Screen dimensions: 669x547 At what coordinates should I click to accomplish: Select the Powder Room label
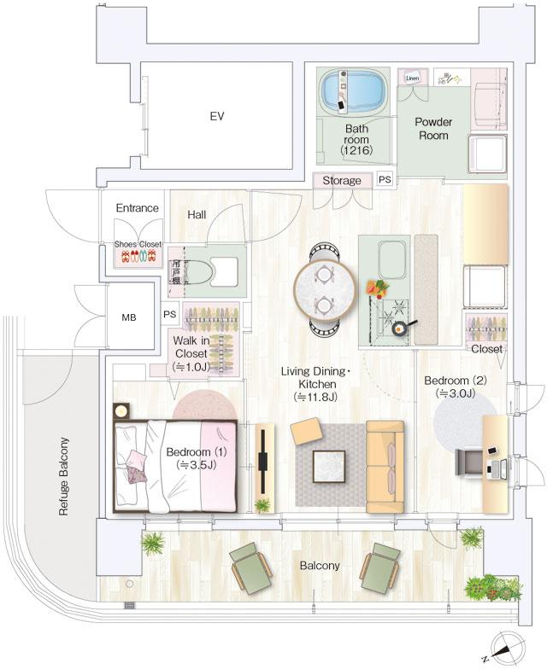tap(433, 128)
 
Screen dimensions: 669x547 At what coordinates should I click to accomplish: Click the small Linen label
tap(412, 77)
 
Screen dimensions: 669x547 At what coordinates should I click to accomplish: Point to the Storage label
tap(342, 181)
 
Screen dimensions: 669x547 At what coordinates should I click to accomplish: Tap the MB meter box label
tap(128, 317)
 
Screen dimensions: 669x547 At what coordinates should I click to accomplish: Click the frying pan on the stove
tap(398, 327)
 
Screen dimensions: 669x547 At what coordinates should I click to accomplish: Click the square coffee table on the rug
tap(327, 466)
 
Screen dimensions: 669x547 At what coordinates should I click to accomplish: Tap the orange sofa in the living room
tap(384, 466)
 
